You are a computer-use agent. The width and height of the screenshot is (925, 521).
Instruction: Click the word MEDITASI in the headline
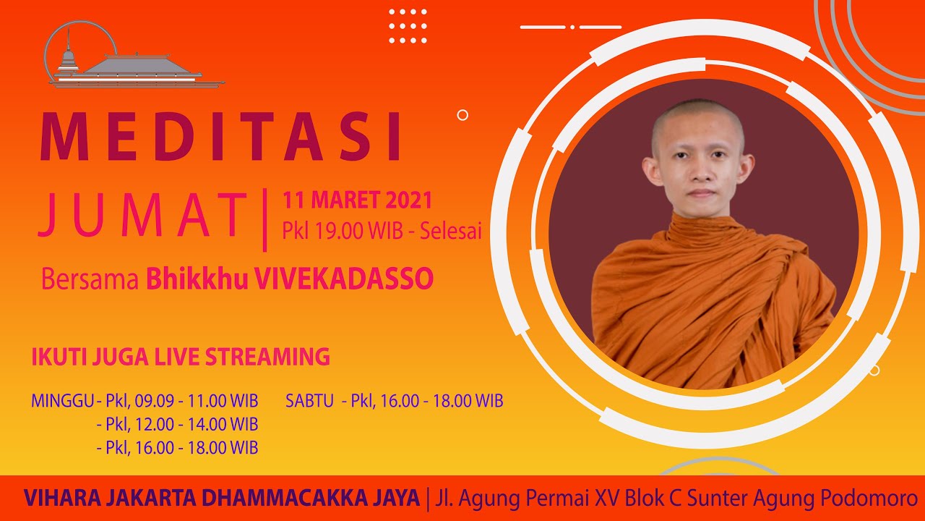220,136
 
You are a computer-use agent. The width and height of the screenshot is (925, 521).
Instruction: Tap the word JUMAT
143,215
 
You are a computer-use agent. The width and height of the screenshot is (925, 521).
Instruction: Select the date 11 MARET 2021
357,200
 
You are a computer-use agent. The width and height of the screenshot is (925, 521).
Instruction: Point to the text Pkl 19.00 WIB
343,230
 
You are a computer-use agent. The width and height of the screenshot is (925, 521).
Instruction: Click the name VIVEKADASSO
343,279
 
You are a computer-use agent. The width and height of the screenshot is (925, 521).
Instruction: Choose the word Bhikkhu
197,279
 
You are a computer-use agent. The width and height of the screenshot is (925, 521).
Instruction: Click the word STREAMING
267,357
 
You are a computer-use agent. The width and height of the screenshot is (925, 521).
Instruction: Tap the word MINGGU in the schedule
63,401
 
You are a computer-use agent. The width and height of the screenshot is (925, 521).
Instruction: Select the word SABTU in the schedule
309,401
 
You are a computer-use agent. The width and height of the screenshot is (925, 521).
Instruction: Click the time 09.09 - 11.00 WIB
196,401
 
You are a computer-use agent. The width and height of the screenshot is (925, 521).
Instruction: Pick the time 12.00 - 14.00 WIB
196,424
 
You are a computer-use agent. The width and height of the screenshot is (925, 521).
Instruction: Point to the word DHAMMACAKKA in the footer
286,498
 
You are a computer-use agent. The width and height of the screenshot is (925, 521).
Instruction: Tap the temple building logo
134,56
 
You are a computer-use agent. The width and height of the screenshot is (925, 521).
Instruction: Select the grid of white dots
408,26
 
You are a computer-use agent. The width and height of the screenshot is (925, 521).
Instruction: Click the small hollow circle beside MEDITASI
462,115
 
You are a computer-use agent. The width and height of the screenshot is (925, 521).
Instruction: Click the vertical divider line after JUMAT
264,219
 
